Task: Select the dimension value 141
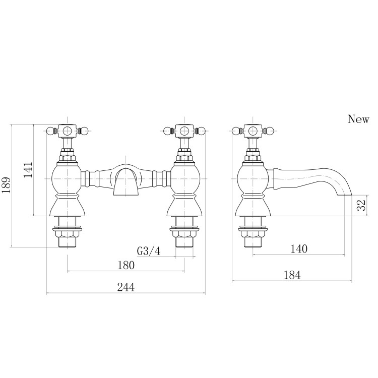(x=29, y=170)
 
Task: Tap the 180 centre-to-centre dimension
(x=126, y=265)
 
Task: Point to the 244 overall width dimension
(x=126, y=287)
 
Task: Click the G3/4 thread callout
(x=148, y=250)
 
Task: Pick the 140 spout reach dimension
(x=298, y=248)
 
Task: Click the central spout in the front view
(x=125, y=181)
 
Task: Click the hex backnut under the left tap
(x=68, y=233)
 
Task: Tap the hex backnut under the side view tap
(x=253, y=233)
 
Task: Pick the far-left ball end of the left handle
(x=49, y=132)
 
